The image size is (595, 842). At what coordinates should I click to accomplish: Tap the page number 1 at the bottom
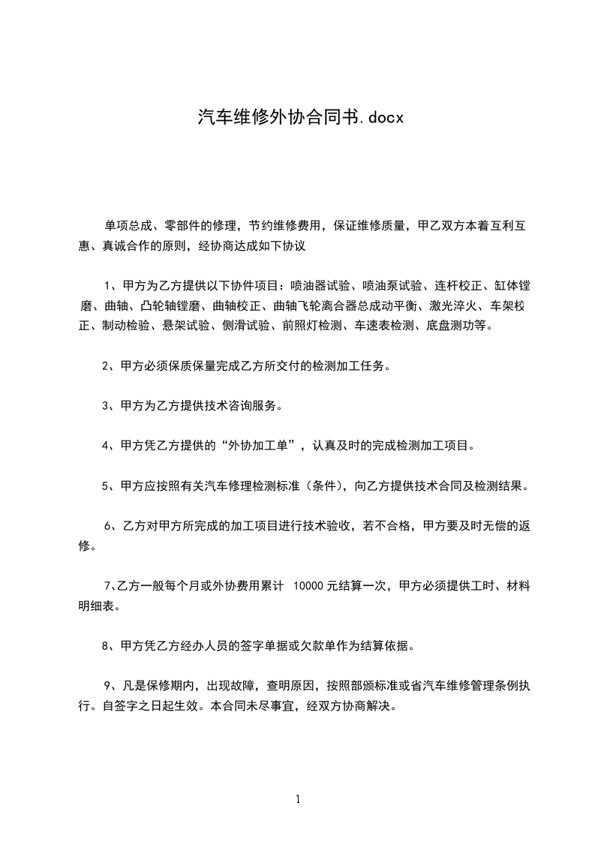pos(298,799)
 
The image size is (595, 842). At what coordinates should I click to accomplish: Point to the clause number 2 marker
pos(105,366)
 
